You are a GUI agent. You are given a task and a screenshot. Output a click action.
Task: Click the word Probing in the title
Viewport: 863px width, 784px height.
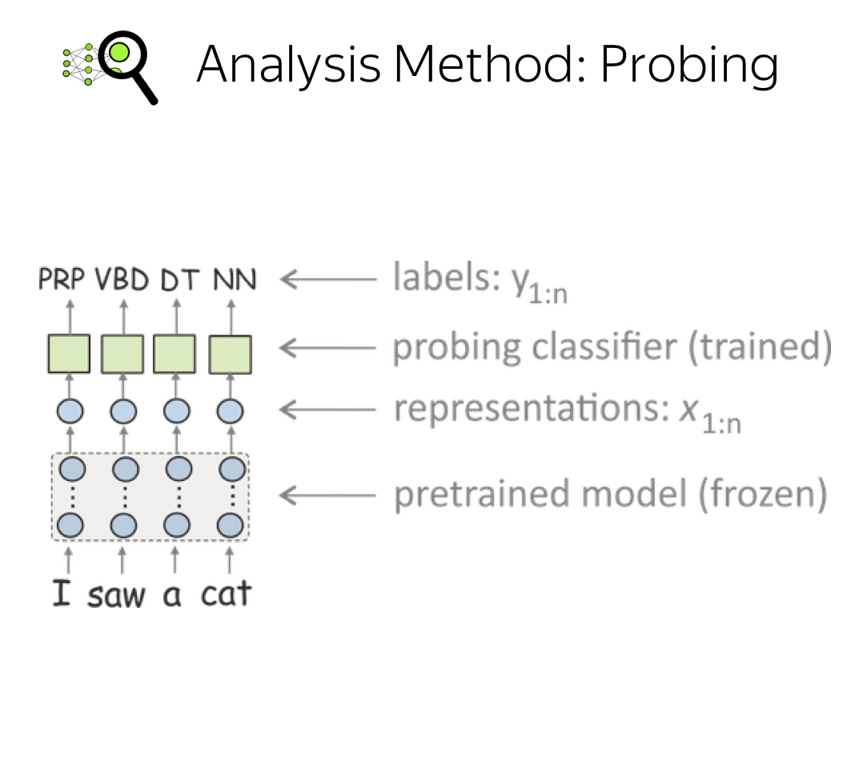[x=689, y=66]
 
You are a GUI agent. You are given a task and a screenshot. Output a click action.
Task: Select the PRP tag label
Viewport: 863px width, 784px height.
[x=62, y=279]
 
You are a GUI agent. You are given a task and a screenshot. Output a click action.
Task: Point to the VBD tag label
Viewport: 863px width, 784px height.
[x=122, y=279]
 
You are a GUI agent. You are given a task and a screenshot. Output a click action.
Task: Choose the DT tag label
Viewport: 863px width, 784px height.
[x=179, y=279]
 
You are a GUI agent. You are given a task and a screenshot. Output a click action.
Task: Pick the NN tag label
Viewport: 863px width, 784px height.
[x=235, y=279]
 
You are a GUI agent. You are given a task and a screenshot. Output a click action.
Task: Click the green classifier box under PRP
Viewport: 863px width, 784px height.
[x=69, y=354]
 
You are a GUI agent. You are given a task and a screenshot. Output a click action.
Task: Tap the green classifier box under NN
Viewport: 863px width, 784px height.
[x=230, y=354]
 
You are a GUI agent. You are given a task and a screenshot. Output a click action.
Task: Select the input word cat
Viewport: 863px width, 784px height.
[x=227, y=594]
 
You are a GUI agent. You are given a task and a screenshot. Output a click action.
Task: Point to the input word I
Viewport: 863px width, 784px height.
[x=62, y=594]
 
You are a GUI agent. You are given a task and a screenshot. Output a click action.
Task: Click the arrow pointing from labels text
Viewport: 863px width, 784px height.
[x=328, y=279]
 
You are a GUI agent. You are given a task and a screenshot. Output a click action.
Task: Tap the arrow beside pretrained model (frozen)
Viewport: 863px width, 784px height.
[x=328, y=495]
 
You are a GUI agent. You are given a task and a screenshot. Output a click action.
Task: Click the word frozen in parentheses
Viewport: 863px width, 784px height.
[x=763, y=494]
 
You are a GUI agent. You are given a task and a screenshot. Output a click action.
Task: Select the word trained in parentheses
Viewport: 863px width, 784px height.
[x=760, y=346]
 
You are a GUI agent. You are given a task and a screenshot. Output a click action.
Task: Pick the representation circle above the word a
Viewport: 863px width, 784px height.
[x=177, y=411]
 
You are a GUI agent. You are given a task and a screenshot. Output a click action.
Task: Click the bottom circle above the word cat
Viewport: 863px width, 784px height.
[x=230, y=525]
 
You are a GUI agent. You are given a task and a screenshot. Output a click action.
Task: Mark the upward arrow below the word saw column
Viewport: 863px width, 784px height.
[x=122, y=560]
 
